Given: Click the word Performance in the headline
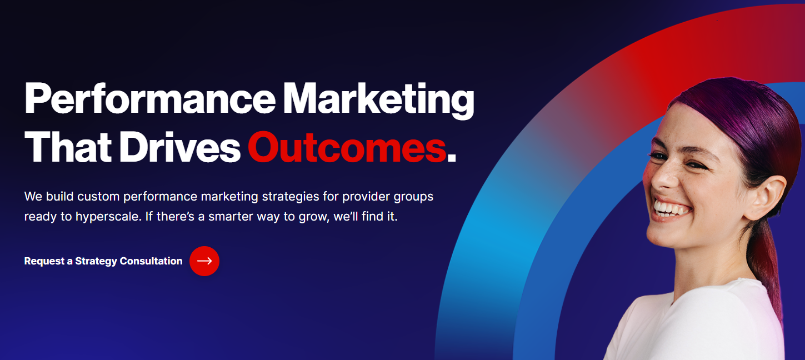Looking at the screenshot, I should click(149, 99).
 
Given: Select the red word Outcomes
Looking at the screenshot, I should click(347, 148).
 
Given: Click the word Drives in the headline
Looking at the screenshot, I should click(179, 148).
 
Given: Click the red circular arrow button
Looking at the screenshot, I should click(204, 261).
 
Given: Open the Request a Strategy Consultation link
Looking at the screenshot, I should click(103, 261).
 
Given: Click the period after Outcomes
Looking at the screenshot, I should click(452, 157).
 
